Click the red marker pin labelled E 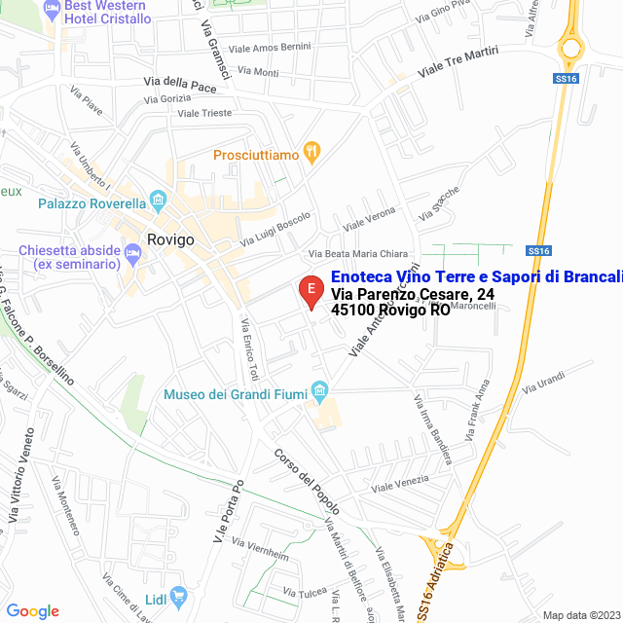click(311, 291)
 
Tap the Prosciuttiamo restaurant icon click(311, 152)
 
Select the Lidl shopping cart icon click(177, 594)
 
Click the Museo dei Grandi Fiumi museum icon click(319, 393)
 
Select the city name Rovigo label click(171, 238)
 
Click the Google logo click(32, 611)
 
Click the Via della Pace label click(180, 85)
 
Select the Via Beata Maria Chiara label click(357, 254)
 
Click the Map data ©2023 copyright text click(580, 615)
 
